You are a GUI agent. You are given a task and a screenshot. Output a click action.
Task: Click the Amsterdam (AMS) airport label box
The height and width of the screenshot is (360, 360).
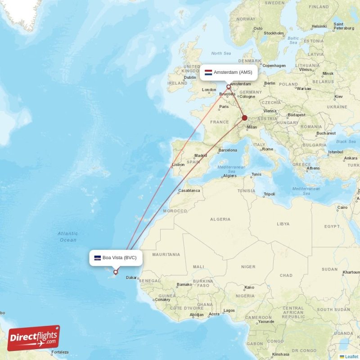pyautogui.click(x=229, y=72)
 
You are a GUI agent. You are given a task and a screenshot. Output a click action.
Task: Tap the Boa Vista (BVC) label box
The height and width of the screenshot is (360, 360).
pyautogui.click(x=116, y=258)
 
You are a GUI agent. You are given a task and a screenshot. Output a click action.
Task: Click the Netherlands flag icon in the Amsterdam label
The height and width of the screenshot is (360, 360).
pyautogui.click(x=208, y=72)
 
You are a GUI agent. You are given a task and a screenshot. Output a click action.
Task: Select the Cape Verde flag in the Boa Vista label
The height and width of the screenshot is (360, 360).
pyautogui.click(x=98, y=258)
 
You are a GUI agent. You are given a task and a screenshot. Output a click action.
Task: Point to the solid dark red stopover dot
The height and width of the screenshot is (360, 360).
pyautogui.click(x=245, y=118)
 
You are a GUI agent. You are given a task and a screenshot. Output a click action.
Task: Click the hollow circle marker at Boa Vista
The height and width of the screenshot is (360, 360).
pyautogui.click(x=116, y=272)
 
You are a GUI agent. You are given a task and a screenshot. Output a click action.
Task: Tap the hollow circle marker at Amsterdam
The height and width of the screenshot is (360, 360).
pyautogui.click(x=228, y=87)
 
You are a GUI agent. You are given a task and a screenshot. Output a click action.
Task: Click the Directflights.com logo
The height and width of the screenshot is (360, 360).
pyautogui.click(x=34, y=337)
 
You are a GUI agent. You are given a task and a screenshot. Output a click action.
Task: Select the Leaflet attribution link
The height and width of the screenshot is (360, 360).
pyautogui.click(x=351, y=356)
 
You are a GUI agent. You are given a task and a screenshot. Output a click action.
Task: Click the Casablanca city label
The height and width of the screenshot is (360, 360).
pyautogui.click(x=189, y=191)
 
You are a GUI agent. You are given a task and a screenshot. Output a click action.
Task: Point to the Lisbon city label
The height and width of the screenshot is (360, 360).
pyautogui.click(x=178, y=165)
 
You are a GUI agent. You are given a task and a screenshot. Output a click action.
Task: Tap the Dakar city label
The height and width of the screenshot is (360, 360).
pyautogui.click(x=131, y=278)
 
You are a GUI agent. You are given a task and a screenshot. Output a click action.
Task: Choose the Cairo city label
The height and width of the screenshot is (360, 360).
pyautogui.click(x=342, y=207)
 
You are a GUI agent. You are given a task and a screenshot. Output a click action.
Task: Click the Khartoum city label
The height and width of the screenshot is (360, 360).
pyautogui.click(x=351, y=272)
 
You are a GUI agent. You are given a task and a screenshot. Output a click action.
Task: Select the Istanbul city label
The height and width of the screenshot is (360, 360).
pyautogui.click(x=335, y=152)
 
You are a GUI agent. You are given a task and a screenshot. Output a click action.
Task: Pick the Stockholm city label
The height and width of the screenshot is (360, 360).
pyautogui.click(x=274, y=33)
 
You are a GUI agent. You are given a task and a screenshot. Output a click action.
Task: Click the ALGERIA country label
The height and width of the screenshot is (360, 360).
pyautogui.click(x=220, y=219)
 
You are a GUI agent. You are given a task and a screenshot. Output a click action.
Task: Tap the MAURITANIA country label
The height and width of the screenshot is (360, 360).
pyautogui.click(x=166, y=255)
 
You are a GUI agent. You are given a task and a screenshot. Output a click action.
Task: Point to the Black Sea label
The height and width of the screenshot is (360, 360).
pyautogui.click(x=346, y=141)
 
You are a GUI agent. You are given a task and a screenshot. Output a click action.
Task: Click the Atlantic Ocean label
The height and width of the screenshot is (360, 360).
pyautogui.click(x=67, y=237)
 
